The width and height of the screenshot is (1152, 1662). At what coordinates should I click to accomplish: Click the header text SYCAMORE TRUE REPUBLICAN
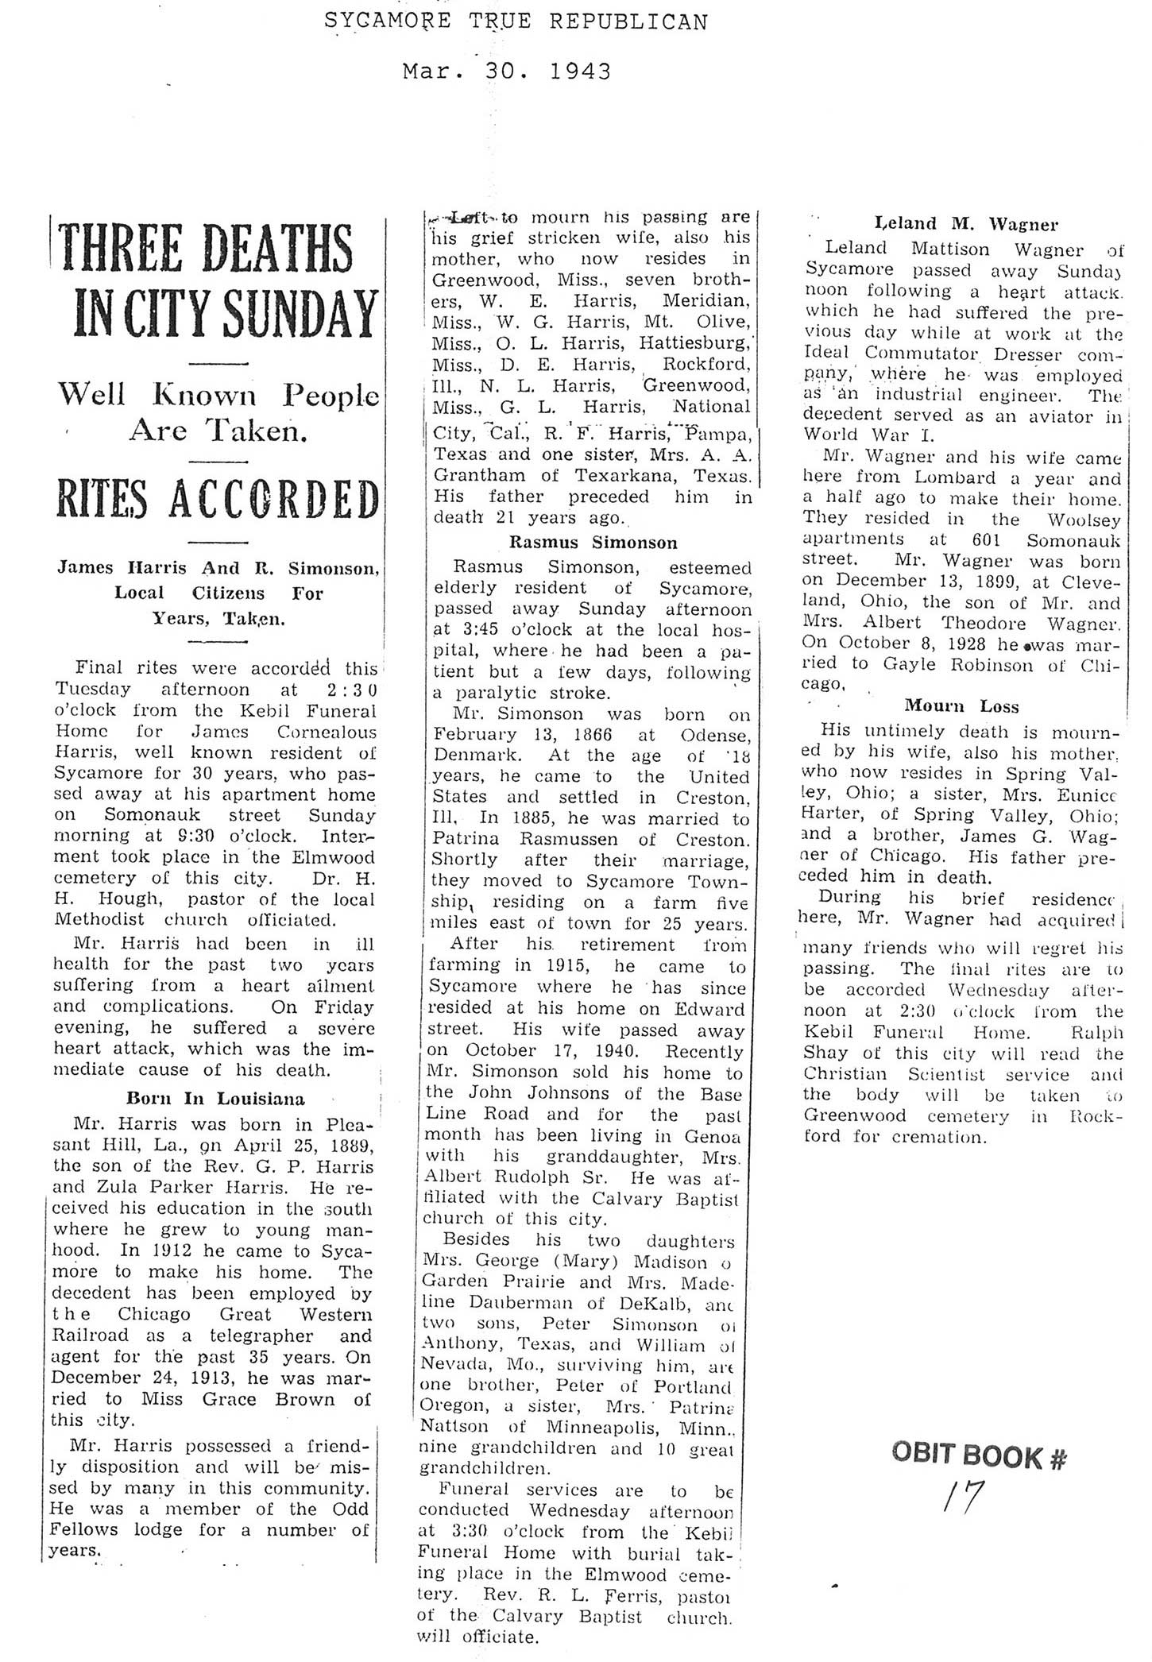point(516,21)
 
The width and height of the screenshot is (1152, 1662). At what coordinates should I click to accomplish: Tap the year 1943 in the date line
point(580,72)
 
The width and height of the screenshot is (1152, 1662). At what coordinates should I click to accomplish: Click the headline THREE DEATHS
point(207,249)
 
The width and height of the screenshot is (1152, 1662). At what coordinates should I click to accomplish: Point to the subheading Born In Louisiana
point(215,1100)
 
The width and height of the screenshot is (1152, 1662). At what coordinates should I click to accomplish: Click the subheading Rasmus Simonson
point(593,543)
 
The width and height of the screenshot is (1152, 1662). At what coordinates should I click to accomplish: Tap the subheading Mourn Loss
point(961,705)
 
